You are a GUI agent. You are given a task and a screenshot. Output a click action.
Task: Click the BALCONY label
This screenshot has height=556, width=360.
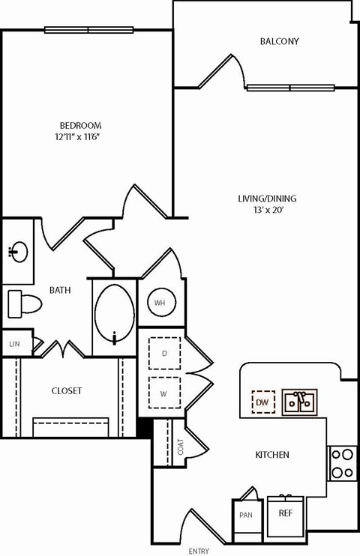point(279,41)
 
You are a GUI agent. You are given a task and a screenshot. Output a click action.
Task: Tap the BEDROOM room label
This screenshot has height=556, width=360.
point(81,125)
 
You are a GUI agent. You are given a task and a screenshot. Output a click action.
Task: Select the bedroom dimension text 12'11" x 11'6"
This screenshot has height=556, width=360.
point(81,137)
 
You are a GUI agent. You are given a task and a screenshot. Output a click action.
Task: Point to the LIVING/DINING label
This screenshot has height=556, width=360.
point(267,199)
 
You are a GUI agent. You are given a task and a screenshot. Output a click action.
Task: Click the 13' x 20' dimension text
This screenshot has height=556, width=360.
point(267,211)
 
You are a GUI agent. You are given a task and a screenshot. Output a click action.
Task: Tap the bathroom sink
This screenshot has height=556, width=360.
point(19,251)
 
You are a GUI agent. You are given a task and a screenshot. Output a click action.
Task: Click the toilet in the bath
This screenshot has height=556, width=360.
point(24,303)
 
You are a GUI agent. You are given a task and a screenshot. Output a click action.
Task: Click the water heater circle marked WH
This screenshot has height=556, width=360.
point(160,303)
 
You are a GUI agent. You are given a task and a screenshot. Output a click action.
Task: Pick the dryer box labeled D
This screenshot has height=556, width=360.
point(163,352)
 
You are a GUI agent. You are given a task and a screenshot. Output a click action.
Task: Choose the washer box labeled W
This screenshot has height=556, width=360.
point(163,391)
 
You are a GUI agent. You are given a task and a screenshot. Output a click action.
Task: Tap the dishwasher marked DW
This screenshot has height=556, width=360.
point(262,402)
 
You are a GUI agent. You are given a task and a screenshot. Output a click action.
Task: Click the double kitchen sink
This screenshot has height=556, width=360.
point(299,402)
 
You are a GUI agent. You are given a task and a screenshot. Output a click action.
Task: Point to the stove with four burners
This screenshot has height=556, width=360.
point(342,462)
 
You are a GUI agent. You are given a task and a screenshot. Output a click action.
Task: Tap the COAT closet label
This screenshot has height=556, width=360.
point(181,447)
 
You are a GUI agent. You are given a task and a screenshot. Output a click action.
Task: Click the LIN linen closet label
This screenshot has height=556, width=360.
point(14,344)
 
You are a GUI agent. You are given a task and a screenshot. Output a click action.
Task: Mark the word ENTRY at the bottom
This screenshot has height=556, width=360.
point(199,552)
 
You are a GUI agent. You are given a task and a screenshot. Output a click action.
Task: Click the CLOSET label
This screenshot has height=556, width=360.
point(67,390)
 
